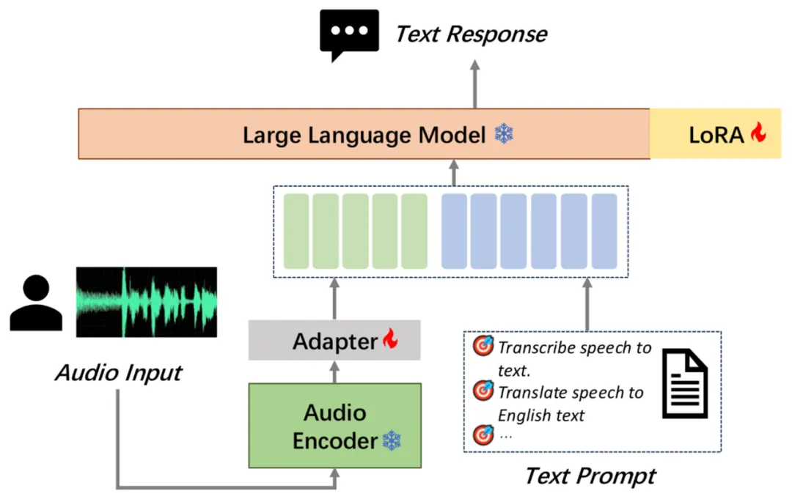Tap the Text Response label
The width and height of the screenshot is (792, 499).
[472, 34]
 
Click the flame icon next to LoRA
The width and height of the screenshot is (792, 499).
[758, 133]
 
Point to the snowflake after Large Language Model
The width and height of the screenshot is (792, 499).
[504, 134]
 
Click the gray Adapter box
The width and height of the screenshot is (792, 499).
[334, 341]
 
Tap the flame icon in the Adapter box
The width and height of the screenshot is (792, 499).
[389, 339]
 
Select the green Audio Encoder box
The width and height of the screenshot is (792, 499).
[335, 426]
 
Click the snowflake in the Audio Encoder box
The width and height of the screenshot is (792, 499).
[392, 441]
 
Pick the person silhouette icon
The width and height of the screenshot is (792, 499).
[36, 303]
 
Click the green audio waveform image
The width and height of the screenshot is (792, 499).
[147, 302]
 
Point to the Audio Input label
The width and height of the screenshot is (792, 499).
[118, 373]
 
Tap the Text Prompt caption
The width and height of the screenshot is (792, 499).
[590, 476]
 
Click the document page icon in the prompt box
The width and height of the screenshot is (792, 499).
[685, 384]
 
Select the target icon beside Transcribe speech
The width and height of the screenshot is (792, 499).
[483, 347]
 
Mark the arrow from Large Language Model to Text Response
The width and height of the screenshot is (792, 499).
[474, 84]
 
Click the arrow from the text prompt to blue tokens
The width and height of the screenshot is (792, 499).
[586, 304]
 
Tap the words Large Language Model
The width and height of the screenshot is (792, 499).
[364, 135]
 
